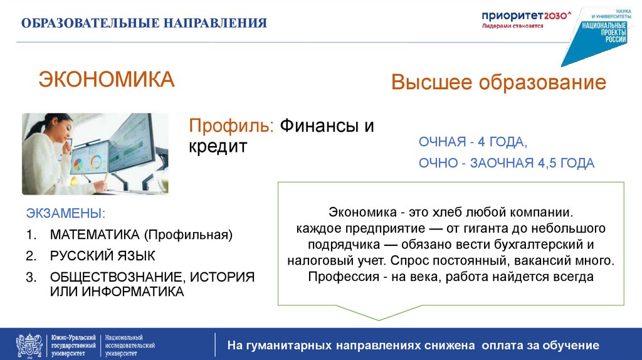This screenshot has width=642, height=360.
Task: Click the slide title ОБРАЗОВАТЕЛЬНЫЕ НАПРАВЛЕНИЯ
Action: (x=144, y=24)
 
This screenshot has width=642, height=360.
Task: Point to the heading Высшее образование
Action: (x=498, y=83)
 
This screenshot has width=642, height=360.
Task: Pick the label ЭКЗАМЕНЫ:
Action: (x=66, y=214)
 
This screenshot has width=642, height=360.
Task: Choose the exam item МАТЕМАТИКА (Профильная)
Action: (x=141, y=235)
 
